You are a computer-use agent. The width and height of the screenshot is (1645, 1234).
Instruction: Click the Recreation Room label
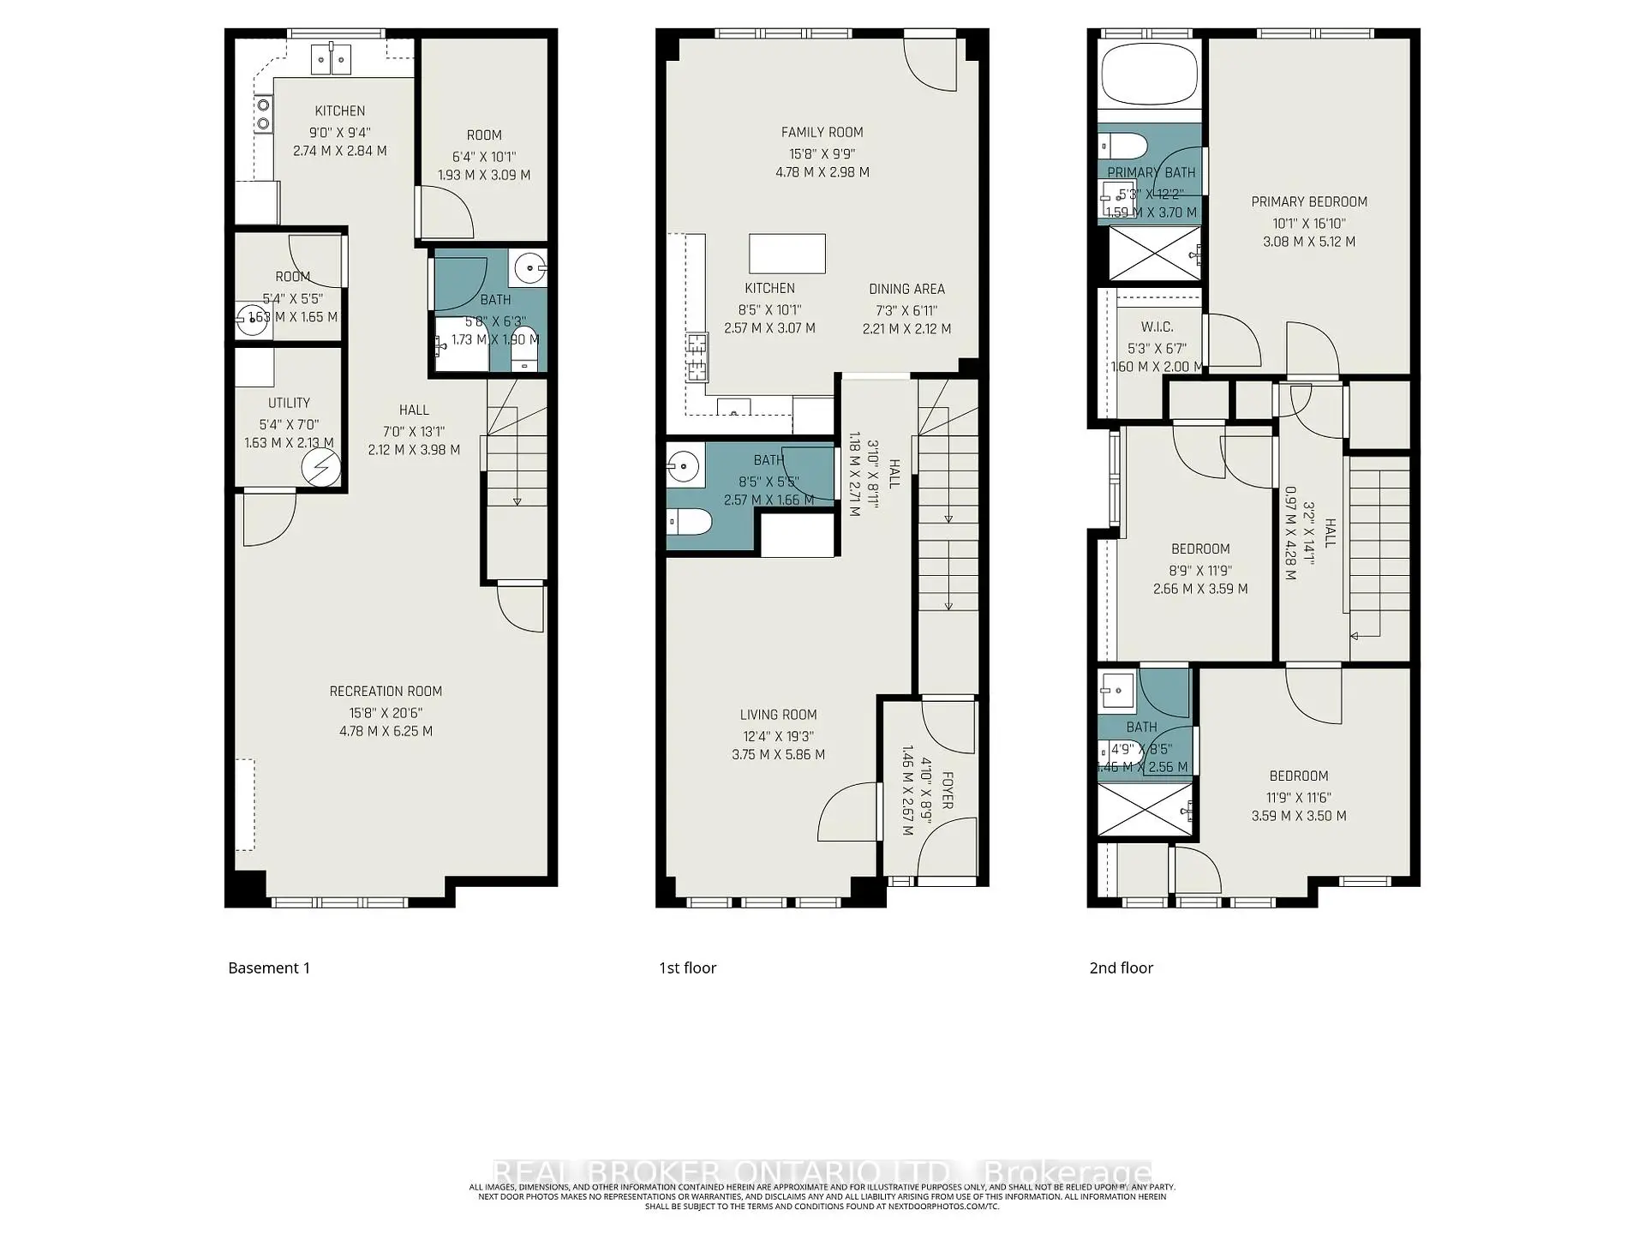pyautogui.click(x=386, y=691)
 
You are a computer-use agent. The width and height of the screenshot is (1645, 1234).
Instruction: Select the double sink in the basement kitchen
pyautogui.click(x=330, y=59)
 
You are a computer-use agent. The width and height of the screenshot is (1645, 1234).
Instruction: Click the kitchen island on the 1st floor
pyautogui.click(x=787, y=254)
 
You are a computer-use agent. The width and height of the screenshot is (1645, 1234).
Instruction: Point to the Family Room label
pyautogui.click(x=822, y=132)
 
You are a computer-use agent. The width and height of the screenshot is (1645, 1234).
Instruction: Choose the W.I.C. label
pyautogui.click(x=1157, y=326)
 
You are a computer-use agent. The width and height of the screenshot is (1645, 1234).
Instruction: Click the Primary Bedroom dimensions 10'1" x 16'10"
pyautogui.click(x=1308, y=223)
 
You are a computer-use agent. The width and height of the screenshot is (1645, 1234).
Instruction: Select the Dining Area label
pyautogui.click(x=906, y=289)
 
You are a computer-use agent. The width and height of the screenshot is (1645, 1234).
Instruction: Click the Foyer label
pyautogui.click(x=947, y=789)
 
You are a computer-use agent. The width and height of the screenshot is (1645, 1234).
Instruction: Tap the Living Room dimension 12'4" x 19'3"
pyautogui.click(x=778, y=736)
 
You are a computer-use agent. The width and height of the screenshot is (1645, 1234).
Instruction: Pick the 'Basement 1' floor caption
pyautogui.click(x=269, y=967)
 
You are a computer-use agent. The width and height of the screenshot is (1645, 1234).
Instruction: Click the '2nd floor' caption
pyautogui.click(x=1121, y=967)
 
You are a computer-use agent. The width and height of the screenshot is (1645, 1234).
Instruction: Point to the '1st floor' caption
pyautogui.click(x=687, y=967)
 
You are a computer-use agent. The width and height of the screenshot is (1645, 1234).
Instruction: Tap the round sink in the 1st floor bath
pyautogui.click(x=684, y=467)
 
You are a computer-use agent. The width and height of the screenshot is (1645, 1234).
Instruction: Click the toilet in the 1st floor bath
pyautogui.click(x=690, y=521)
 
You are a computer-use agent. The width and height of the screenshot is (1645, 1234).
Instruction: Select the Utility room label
pyautogui.click(x=289, y=403)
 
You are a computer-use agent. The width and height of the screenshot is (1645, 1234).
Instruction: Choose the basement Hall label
pyautogui.click(x=414, y=410)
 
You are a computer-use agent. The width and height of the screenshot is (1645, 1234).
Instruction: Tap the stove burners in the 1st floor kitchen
pyautogui.click(x=697, y=357)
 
